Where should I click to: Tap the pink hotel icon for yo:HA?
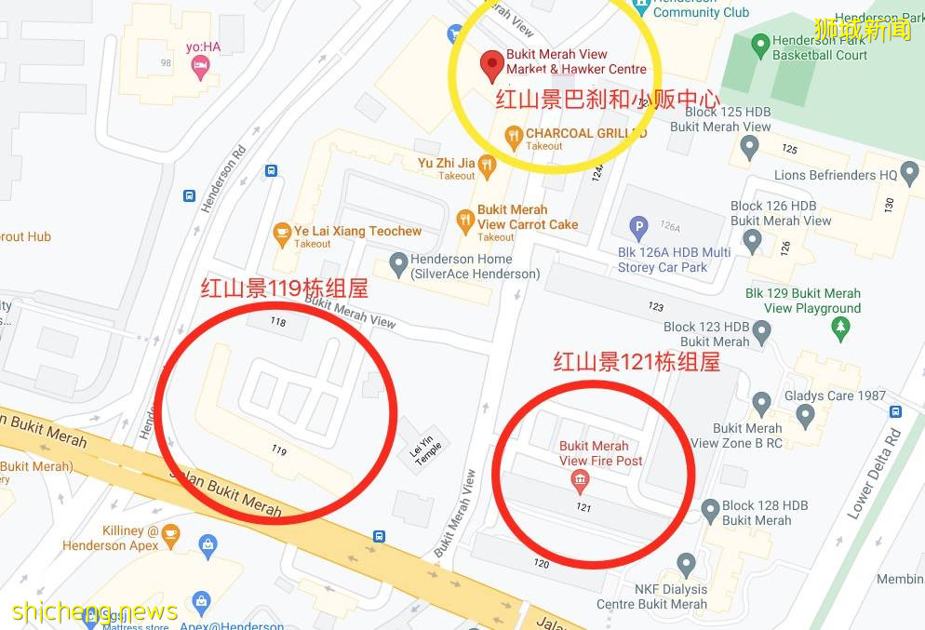click(199, 65)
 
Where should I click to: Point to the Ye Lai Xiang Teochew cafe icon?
click(281, 234)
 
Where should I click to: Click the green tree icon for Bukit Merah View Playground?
click(841, 327)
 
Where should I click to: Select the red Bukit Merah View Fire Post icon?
click(580, 481)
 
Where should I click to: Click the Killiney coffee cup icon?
click(169, 533)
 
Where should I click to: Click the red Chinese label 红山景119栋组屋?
click(285, 289)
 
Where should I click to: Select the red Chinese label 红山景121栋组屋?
click(637, 361)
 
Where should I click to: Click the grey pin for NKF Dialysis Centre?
click(687, 563)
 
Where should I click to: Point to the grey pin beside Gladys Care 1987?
click(762, 403)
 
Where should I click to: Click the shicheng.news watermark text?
click(94, 611)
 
